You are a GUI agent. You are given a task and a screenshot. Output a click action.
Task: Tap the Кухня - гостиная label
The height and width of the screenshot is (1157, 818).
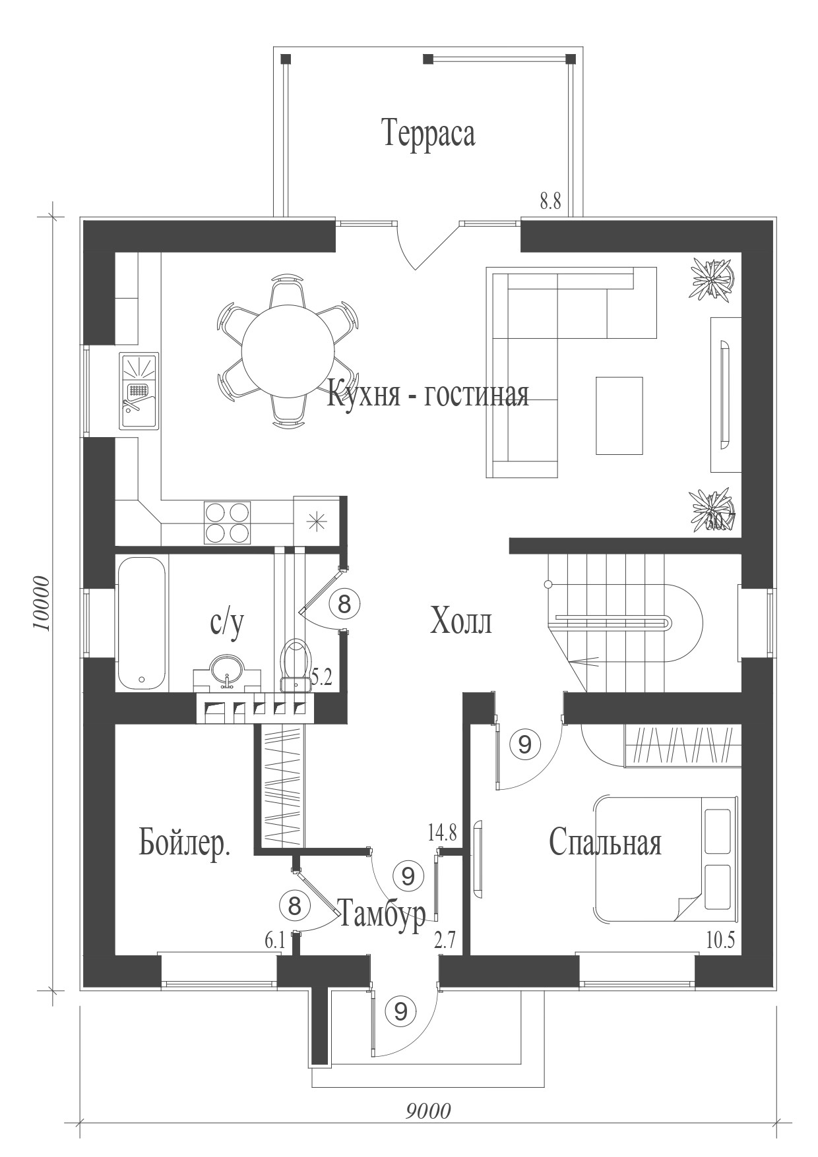[x=428, y=395]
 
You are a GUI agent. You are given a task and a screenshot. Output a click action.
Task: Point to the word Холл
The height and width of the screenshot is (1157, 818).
[x=460, y=621]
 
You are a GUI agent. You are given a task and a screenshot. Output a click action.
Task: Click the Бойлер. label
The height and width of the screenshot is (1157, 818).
[x=185, y=842]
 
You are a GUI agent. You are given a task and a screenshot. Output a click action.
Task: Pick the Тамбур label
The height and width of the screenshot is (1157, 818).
[x=381, y=916]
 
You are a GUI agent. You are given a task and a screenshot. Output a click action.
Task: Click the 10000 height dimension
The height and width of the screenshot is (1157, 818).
[x=41, y=603]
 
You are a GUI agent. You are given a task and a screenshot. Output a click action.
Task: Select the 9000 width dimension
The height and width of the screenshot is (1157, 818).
[x=428, y=1111]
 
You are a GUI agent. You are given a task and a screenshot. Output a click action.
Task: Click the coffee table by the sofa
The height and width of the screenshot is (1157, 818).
[x=619, y=415]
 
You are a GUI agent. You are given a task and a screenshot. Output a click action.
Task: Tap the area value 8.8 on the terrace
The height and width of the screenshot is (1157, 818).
[x=550, y=202]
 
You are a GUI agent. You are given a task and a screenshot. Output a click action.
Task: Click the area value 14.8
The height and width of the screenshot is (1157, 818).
[x=442, y=833]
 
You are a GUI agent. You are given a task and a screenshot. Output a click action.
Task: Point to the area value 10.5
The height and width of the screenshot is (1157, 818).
[x=720, y=939]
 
